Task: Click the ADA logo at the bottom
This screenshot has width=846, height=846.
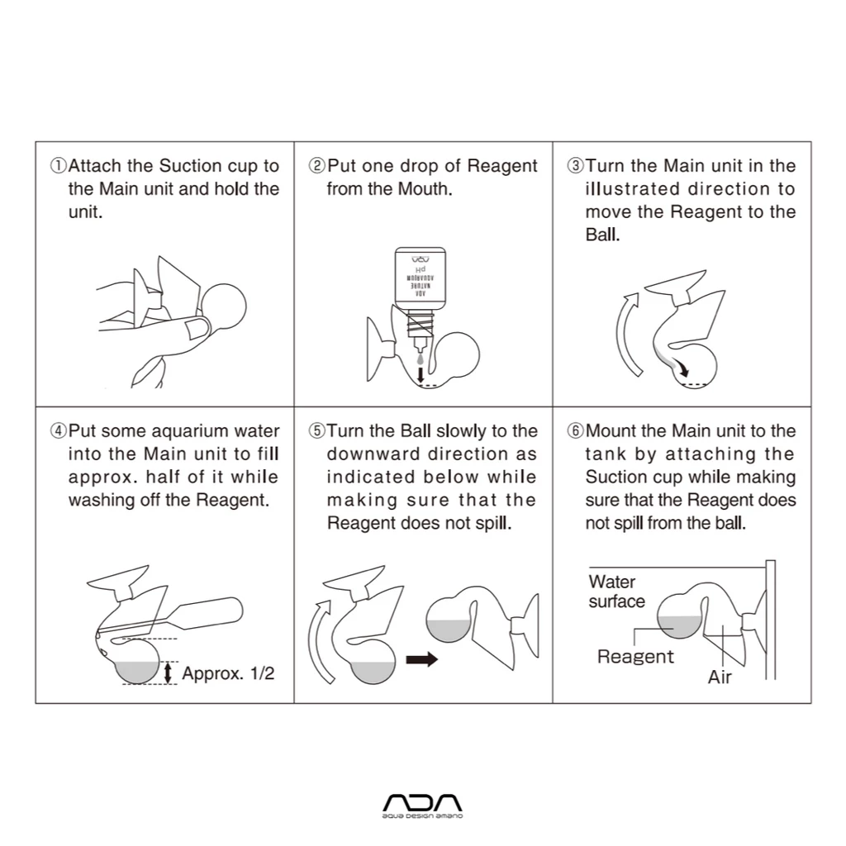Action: pyautogui.click(x=422, y=806)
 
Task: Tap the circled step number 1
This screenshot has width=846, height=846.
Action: pyautogui.click(x=59, y=165)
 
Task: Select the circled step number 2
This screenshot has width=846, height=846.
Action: pyautogui.click(x=316, y=165)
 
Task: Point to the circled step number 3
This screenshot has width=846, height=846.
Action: pyautogui.click(x=575, y=165)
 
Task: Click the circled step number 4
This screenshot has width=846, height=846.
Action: pyautogui.click(x=59, y=431)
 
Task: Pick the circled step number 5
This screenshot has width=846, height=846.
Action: pyautogui.click(x=316, y=431)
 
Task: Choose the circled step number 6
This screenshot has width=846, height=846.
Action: pyautogui.click(x=575, y=431)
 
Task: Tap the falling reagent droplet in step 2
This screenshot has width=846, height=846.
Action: pyautogui.click(x=421, y=359)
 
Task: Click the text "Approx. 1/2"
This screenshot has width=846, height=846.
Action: pyautogui.click(x=228, y=673)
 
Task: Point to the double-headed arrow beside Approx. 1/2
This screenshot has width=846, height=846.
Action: pyautogui.click(x=169, y=673)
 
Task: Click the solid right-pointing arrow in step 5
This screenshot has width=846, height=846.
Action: pyautogui.click(x=422, y=659)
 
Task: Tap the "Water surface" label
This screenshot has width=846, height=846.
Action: pyautogui.click(x=616, y=592)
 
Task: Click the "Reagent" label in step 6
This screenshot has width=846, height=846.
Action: pyautogui.click(x=635, y=657)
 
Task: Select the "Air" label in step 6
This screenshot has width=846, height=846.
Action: pyautogui.click(x=720, y=677)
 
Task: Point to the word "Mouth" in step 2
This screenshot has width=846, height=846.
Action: pyautogui.click(x=424, y=189)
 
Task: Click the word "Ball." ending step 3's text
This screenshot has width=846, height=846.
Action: pyautogui.click(x=602, y=235)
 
